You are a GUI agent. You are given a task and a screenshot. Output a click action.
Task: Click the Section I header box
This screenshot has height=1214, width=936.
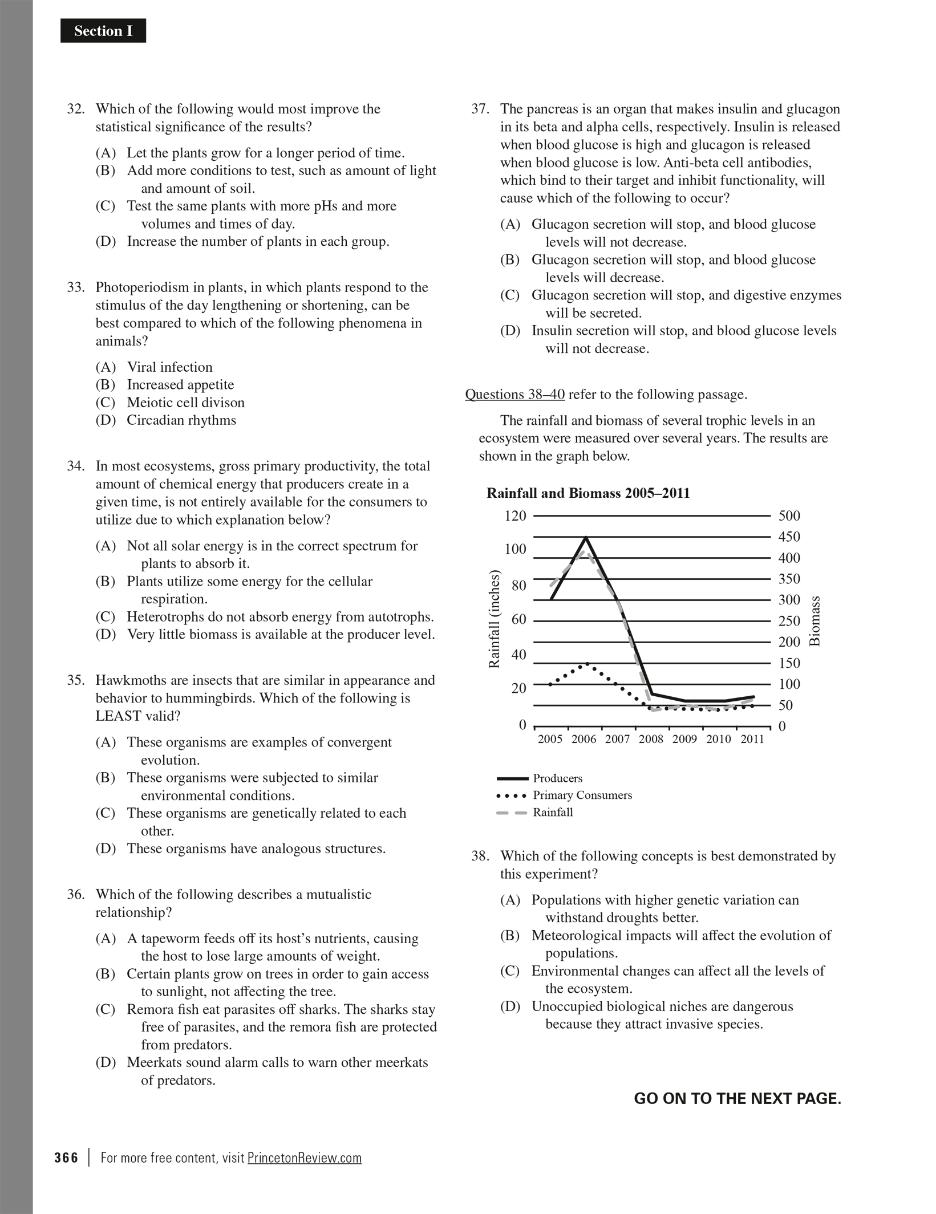(103, 31)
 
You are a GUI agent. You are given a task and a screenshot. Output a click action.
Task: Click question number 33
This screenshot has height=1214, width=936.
(76, 287)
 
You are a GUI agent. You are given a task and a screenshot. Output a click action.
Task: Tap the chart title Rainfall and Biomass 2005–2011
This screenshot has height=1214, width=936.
(588, 493)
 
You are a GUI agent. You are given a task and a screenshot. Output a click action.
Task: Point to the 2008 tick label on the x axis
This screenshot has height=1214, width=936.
(651, 740)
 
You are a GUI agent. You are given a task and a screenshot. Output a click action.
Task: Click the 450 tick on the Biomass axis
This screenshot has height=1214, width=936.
(789, 537)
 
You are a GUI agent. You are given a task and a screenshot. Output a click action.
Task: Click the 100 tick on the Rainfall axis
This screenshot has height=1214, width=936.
(515, 549)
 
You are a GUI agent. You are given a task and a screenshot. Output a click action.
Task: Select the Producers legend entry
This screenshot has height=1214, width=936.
(557, 778)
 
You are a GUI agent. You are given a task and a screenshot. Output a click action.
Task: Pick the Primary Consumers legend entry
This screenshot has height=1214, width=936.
(582, 795)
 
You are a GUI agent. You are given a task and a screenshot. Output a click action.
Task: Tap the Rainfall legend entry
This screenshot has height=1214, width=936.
(552, 812)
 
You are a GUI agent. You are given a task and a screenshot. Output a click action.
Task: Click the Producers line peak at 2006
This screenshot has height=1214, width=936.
(586, 537)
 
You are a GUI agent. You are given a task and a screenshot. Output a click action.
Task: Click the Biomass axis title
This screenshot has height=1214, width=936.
(815, 620)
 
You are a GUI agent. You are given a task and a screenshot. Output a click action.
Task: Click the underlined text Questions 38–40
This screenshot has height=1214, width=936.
(514, 395)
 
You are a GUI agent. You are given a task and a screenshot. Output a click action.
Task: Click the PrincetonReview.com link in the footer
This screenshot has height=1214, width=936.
(305, 1158)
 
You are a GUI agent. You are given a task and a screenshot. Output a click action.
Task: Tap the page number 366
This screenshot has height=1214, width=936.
(66, 1158)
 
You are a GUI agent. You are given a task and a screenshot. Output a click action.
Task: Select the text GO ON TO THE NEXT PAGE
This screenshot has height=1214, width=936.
(738, 1099)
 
